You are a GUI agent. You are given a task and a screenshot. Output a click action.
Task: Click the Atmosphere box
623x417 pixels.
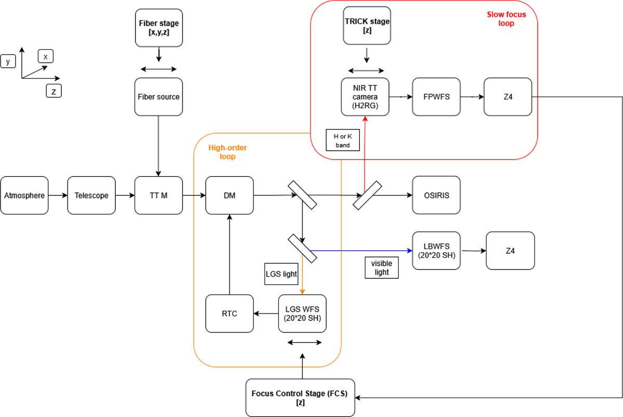tap(24, 196)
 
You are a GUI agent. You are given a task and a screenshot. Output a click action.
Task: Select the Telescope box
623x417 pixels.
tap(91, 196)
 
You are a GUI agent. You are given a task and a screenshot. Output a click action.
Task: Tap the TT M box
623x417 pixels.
tap(158, 196)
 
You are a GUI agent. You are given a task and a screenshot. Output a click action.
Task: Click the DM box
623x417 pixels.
tap(229, 196)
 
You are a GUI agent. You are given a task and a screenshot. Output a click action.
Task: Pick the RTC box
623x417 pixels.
tap(229, 314)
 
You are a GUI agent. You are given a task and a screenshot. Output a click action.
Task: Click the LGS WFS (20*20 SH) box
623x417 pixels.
tap(302, 314)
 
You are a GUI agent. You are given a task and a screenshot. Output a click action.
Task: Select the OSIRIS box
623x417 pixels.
tap(436, 196)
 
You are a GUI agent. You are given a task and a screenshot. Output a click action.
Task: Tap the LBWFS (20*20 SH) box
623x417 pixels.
tap(437, 251)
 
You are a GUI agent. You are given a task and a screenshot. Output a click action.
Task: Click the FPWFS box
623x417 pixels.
tap(436, 97)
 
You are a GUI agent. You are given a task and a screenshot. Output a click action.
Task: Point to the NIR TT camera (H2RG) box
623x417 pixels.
tap(365, 97)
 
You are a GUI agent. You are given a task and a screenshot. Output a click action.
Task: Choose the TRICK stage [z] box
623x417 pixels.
tap(367, 25)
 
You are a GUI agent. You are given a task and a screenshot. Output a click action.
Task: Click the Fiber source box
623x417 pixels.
tap(158, 97)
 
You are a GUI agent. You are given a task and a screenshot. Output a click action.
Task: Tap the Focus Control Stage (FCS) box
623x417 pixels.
tap(300, 398)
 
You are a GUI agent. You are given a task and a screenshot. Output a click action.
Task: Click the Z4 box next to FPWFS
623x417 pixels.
tap(507, 97)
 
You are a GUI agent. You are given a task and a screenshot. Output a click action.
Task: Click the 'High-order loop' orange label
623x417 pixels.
tap(227, 152)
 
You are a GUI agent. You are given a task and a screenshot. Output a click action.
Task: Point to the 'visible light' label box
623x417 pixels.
tap(381, 268)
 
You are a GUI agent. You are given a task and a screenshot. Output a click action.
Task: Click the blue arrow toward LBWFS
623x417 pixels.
tap(358, 251)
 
